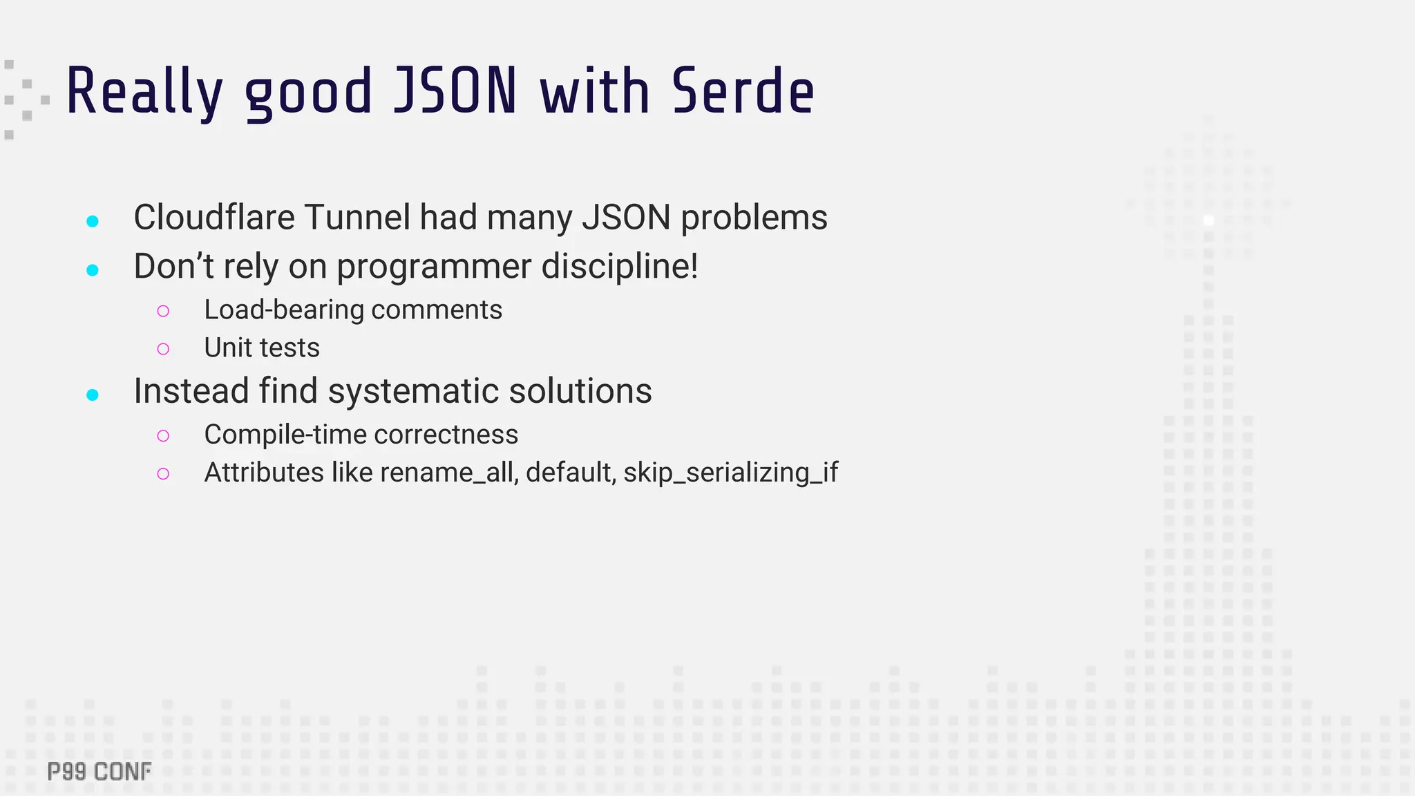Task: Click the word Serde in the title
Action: (743, 91)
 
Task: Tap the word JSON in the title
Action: (455, 91)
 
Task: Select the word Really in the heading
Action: (144, 93)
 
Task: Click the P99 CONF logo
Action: (99, 772)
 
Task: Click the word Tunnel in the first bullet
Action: (357, 217)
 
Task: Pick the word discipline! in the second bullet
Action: (620, 266)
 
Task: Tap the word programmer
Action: (434, 267)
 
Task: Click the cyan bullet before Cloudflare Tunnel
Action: (93, 221)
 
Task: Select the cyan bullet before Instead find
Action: (93, 395)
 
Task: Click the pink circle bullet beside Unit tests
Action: (163, 349)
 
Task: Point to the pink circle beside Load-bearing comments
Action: (163, 311)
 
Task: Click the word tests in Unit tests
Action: (290, 348)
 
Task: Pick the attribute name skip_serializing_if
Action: (730, 473)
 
